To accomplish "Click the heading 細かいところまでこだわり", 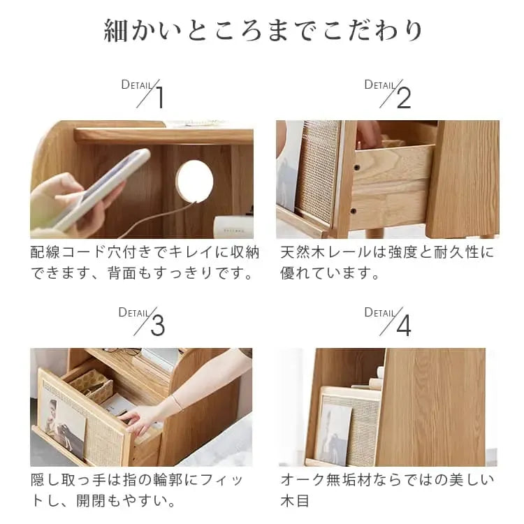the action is click(263, 31).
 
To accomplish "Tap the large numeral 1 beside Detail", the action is click(161, 97).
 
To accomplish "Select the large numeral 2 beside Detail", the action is click(404, 97).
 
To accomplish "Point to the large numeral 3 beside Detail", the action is click(158, 325).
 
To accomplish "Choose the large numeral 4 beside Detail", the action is click(404, 325).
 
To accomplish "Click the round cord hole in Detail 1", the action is click(194, 181).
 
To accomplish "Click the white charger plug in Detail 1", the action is click(233, 227).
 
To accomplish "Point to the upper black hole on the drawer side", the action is click(357, 167).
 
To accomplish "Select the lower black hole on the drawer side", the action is click(352, 211).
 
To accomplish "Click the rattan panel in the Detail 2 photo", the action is click(317, 170).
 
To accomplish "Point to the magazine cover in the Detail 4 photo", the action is click(334, 435).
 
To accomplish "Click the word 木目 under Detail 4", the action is click(295, 501).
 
